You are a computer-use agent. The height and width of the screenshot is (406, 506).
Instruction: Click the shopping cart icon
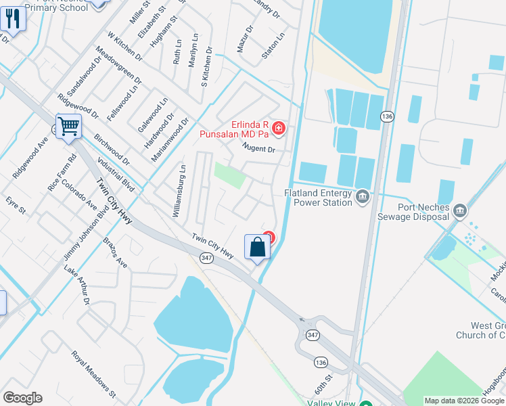coord(68,126)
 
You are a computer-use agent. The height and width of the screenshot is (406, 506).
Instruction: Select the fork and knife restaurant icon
coord(13,18)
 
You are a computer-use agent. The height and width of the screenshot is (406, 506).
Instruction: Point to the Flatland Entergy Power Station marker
coord(362,197)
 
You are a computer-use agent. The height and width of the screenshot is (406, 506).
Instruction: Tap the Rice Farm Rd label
coord(59,173)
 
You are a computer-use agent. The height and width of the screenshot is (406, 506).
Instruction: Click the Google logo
coord(22,398)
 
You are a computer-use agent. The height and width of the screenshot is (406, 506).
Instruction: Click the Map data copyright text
coord(463,401)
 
